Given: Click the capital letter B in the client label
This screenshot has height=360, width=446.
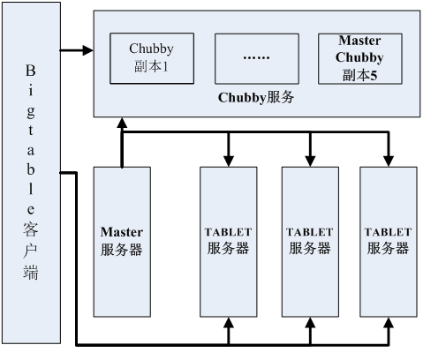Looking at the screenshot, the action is [31, 71].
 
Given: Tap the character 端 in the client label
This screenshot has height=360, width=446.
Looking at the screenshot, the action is [31, 272].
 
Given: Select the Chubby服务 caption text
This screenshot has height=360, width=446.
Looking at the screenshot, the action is [256, 98].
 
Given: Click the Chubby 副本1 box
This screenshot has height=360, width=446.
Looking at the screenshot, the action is [152, 58].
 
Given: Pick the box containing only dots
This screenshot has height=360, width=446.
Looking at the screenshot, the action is [257, 59].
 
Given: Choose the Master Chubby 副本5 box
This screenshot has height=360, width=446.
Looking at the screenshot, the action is [360, 59].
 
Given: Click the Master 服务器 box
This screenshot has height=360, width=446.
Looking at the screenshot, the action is [122, 242].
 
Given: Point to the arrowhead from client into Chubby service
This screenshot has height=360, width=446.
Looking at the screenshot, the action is [88, 50].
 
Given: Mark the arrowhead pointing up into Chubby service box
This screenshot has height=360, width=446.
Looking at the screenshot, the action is [122, 123].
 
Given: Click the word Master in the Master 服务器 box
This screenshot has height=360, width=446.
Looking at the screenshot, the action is [122, 232].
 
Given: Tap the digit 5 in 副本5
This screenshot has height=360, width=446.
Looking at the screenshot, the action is [374, 76].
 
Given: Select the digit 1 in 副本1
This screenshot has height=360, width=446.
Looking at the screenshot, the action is [165, 67].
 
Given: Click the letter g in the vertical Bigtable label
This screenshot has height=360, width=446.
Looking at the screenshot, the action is [31, 112].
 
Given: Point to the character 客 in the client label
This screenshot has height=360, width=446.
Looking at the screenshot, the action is [31, 229].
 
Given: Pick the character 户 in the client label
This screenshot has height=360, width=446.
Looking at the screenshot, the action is [31, 251].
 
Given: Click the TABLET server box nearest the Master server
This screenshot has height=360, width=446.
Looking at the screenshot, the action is [229, 242].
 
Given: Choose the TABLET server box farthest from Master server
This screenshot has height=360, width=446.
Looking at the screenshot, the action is [389, 242].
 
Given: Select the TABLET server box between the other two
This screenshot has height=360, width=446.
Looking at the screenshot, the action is [310, 242].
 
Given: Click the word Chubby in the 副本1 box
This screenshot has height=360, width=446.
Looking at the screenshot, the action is [151, 49].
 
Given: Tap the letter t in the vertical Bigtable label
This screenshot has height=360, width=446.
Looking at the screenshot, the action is [31, 131].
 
